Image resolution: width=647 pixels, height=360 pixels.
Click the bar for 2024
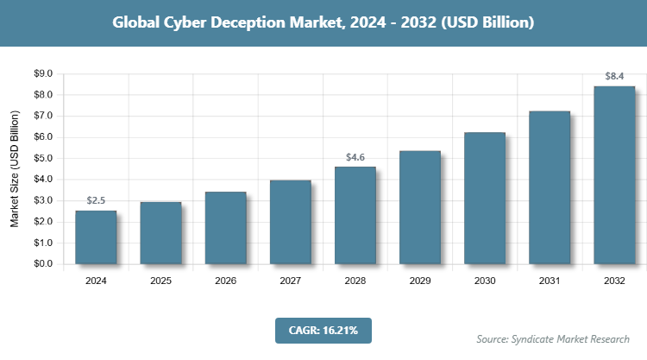tap(96, 237)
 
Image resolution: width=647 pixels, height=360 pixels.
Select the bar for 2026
tap(225, 228)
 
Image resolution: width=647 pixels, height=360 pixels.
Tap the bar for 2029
tap(420, 207)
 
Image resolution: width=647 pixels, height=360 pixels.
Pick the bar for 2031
tap(550, 187)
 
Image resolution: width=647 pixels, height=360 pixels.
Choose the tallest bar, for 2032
tap(614, 175)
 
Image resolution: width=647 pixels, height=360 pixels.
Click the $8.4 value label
tap(614, 77)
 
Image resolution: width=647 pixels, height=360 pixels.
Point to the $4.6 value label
tap(355, 157)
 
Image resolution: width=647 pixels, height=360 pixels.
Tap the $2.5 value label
tap(96, 201)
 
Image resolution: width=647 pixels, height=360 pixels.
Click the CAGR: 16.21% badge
tap(323, 330)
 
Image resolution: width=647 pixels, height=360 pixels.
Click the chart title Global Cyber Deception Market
tap(323, 22)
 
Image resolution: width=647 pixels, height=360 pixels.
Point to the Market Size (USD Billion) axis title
tap(15, 169)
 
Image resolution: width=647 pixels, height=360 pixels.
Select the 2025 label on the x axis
tap(160, 281)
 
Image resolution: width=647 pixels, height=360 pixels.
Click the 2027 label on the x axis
tap(290, 281)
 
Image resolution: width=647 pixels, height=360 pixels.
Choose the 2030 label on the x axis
tap(485, 281)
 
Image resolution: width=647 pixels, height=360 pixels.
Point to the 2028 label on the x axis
tap(355, 281)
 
